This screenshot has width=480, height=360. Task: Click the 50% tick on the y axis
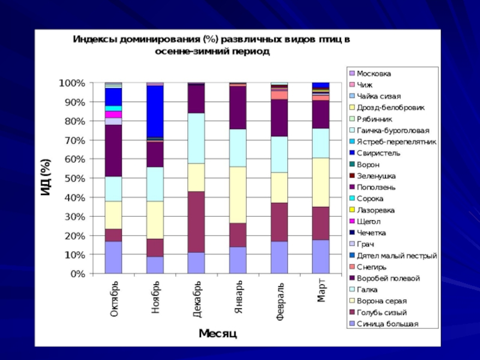(71, 178)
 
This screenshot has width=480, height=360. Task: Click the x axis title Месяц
(217, 334)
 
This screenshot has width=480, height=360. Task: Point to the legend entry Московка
(373, 73)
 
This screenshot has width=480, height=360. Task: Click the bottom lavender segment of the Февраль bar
(280, 257)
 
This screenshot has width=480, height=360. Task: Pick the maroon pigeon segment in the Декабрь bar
(197, 221)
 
